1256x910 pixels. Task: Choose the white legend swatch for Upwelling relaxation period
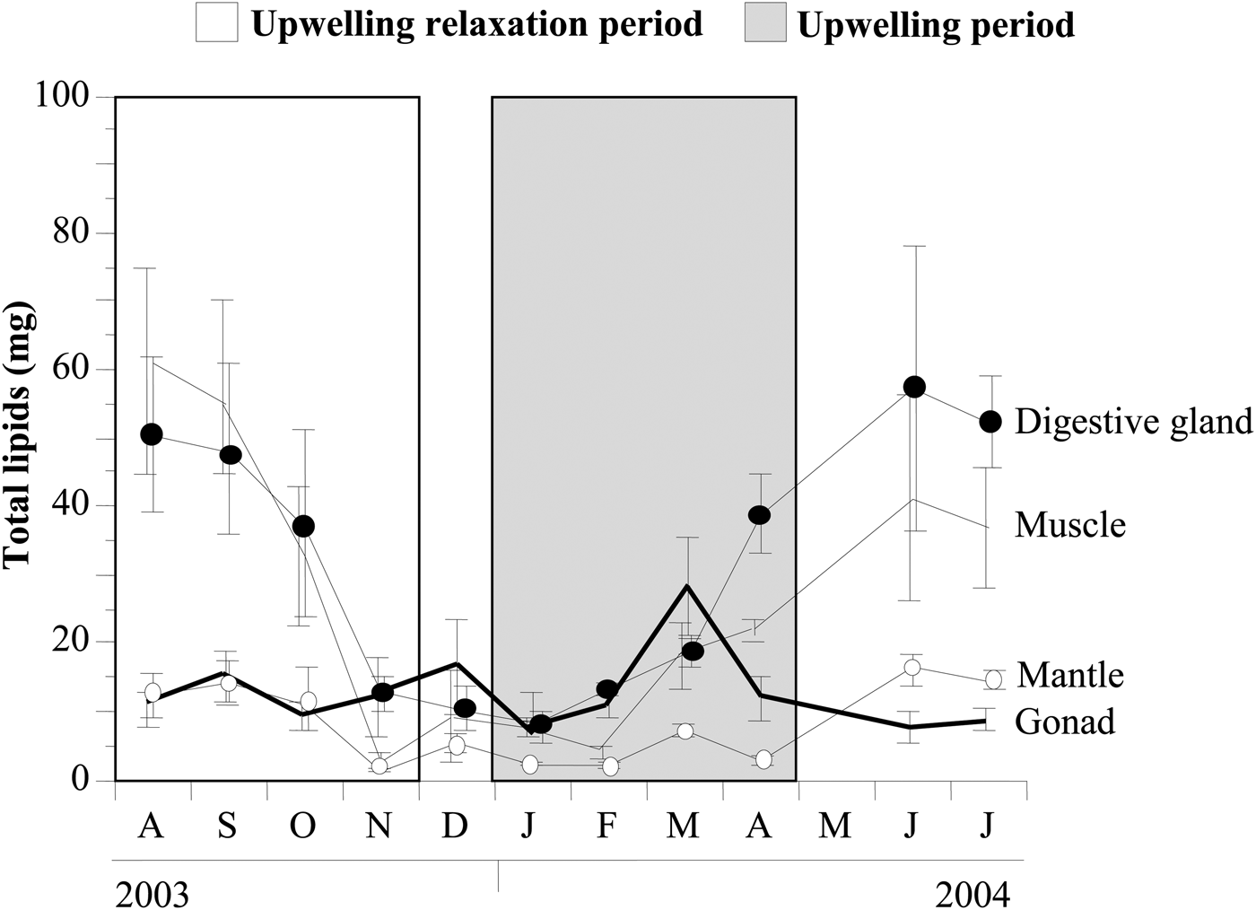(216, 22)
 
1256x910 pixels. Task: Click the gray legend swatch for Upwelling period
(764, 22)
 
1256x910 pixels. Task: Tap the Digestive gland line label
(1132, 421)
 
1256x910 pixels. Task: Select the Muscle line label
(1069, 524)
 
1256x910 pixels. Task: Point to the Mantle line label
(1069, 674)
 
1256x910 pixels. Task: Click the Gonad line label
(1065, 721)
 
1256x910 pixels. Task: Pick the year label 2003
(153, 895)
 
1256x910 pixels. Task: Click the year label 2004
(972, 895)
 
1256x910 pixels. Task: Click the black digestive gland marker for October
(304, 526)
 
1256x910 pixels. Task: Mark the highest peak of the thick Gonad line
(686, 585)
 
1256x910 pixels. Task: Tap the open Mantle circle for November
(379, 766)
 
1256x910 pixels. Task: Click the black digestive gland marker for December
(465, 708)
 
